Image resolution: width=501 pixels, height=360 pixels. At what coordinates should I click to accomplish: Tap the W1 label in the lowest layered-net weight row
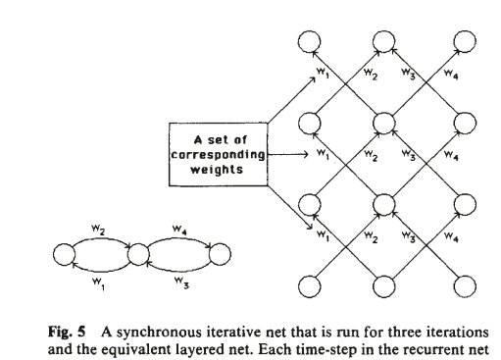click(323, 236)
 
